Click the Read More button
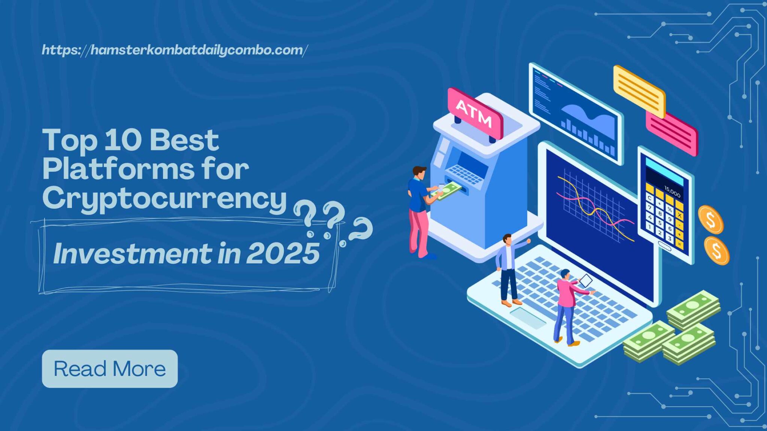coord(110,369)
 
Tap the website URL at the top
coord(175,50)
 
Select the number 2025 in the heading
coord(283,254)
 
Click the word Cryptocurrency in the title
coord(164,199)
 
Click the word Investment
coord(133,254)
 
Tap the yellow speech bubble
coord(639,91)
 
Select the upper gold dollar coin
coord(711,220)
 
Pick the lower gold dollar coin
coord(716,251)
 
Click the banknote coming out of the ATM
coord(448,191)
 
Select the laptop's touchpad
coord(528,318)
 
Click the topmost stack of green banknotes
coord(694,309)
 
